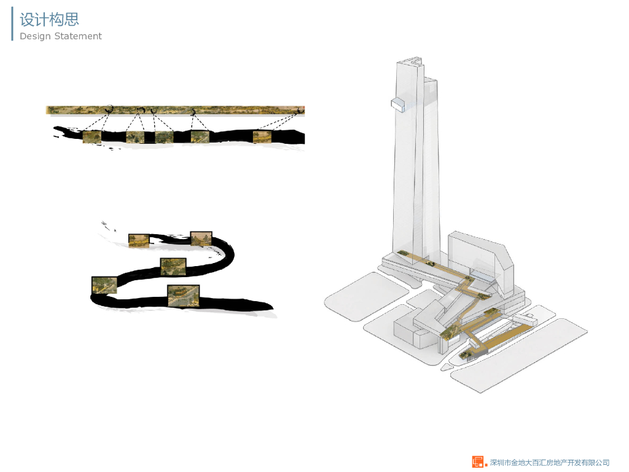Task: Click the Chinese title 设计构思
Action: tap(49, 19)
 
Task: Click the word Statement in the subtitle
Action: tap(78, 36)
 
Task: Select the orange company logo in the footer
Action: tap(478, 462)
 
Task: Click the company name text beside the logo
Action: tap(549, 462)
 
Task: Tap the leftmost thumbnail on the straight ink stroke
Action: tap(92, 137)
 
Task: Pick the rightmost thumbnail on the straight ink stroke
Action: tap(262, 136)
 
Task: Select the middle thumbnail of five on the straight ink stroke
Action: tap(164, 137)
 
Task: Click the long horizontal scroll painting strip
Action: tap(175, 110)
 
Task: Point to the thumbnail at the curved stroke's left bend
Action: tap(104, 285)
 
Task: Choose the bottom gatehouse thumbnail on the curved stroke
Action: tap(183, 295)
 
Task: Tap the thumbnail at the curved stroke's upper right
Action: tap(201, 238)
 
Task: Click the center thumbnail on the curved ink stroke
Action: tap(173, 267)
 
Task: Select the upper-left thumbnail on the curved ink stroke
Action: tap(138, 240)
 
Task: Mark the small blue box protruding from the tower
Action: tap(398, 105)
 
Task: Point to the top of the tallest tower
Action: tap(410, 61)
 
